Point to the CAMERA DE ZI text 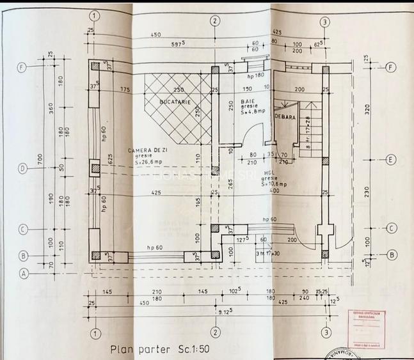[147, 150]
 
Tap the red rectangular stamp [364, 328]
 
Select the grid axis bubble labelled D [23, 169]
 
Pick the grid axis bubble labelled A [23, 274]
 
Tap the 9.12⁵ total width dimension [224, 311]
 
